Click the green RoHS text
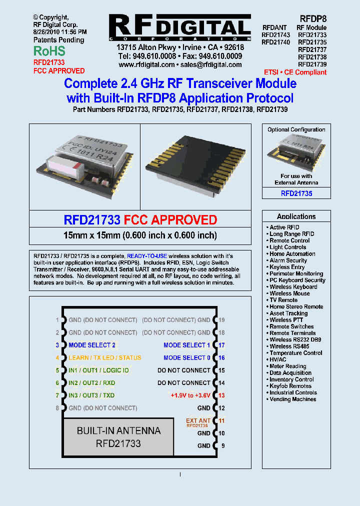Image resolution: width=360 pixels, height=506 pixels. coord(49,51)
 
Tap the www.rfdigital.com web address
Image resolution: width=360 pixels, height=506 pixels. coord(146,65)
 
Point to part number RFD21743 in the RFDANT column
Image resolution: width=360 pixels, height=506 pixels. coord(275,35)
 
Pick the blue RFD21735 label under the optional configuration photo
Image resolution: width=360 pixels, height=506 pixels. coord(296,193)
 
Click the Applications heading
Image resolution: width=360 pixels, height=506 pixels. coord(296,216)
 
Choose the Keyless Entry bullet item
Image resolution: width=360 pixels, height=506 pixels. coord(287,267)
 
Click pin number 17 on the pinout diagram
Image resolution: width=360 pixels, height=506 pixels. coord(221,345)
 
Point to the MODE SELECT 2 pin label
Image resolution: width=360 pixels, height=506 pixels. coord(92,345)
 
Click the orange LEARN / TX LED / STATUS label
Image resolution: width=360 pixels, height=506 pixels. coord(105,358)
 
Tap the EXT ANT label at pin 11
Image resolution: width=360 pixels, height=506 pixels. coord(198,420)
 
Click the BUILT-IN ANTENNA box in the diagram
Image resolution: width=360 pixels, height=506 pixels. coord(118,437)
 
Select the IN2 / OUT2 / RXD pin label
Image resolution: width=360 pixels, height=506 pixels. coord(92,383)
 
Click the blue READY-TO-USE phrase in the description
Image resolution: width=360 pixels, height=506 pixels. coord(147,256)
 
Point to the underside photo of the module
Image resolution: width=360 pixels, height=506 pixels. coord(194,160)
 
